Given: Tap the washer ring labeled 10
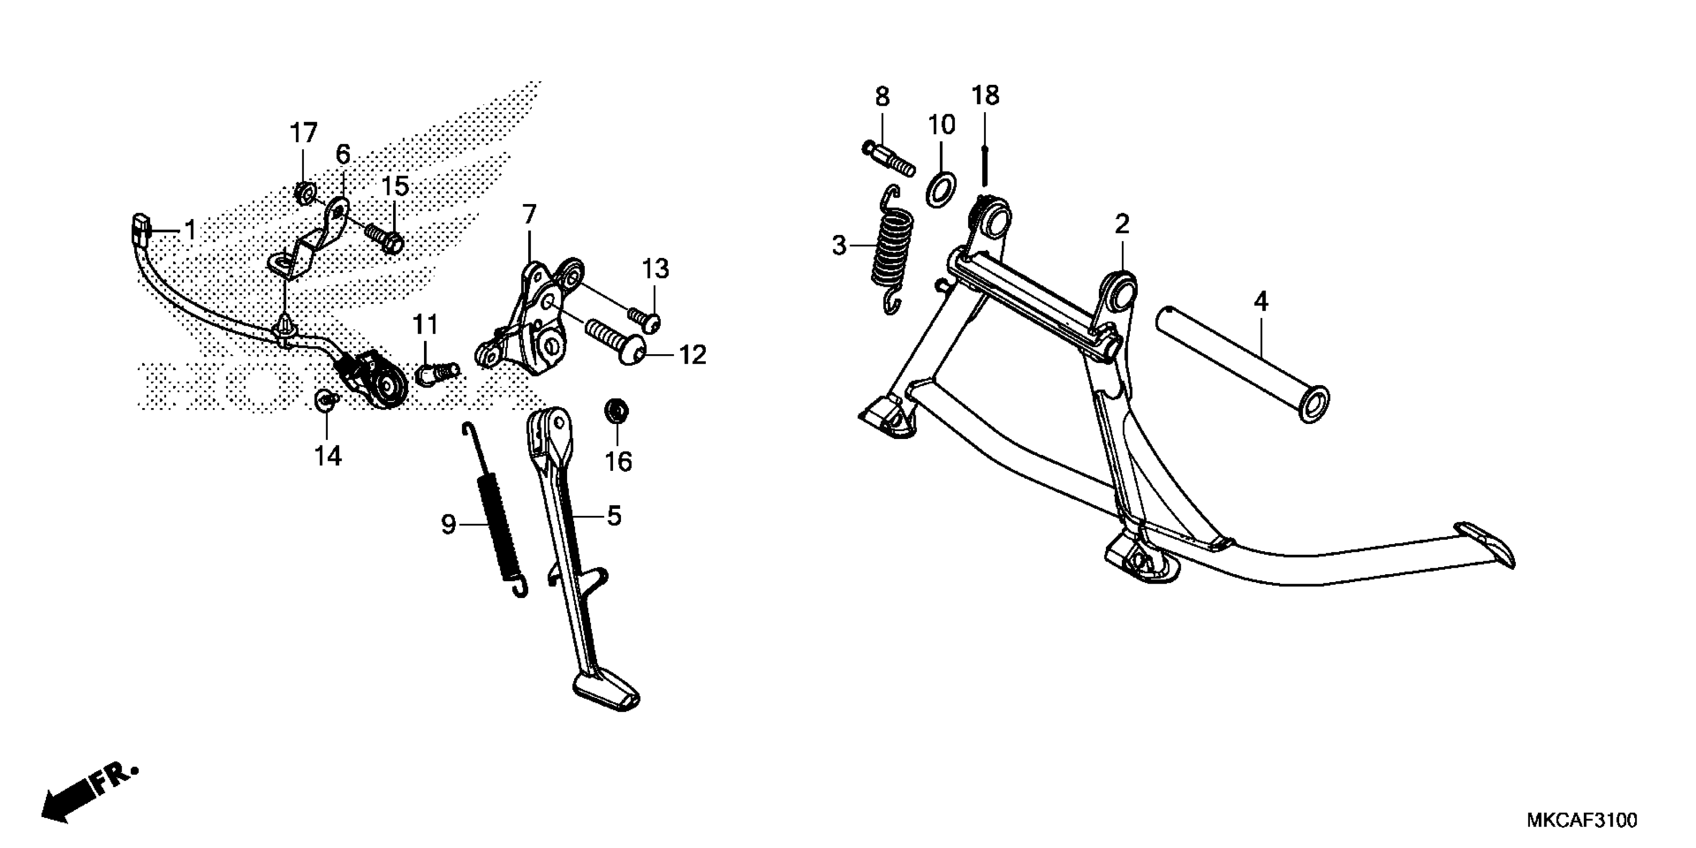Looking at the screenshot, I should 941,190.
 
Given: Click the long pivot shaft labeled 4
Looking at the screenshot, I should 1241,362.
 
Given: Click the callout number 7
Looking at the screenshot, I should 529,214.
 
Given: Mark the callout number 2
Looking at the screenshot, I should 1122,224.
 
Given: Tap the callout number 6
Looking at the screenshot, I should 343,155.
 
